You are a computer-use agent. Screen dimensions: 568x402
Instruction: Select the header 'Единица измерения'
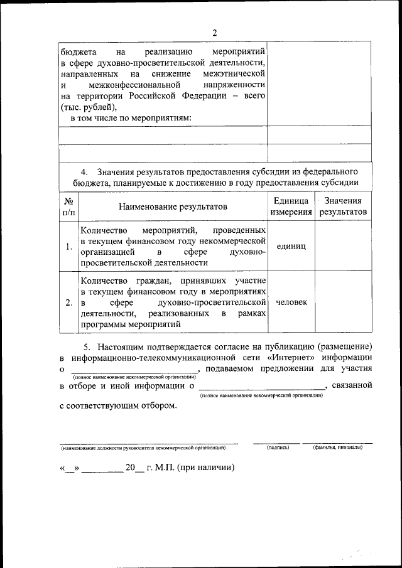291,206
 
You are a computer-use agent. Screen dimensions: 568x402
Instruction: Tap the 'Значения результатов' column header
343,206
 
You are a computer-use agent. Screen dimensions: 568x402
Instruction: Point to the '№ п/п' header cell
69,206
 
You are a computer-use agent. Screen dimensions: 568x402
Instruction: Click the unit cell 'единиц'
291,247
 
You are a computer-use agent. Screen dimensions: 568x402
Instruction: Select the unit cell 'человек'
291,303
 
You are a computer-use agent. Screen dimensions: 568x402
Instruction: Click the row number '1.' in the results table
68,247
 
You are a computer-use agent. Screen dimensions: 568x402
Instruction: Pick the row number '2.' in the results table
68,303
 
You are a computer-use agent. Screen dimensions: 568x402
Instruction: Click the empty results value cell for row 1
343,247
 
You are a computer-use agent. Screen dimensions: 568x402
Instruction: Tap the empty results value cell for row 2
343,303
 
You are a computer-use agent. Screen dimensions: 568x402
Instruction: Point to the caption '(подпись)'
277,448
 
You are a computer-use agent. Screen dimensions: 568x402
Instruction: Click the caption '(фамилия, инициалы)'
337,448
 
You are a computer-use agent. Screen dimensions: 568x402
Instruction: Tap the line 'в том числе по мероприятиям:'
131,117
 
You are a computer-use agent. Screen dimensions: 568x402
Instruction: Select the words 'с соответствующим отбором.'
118,405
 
